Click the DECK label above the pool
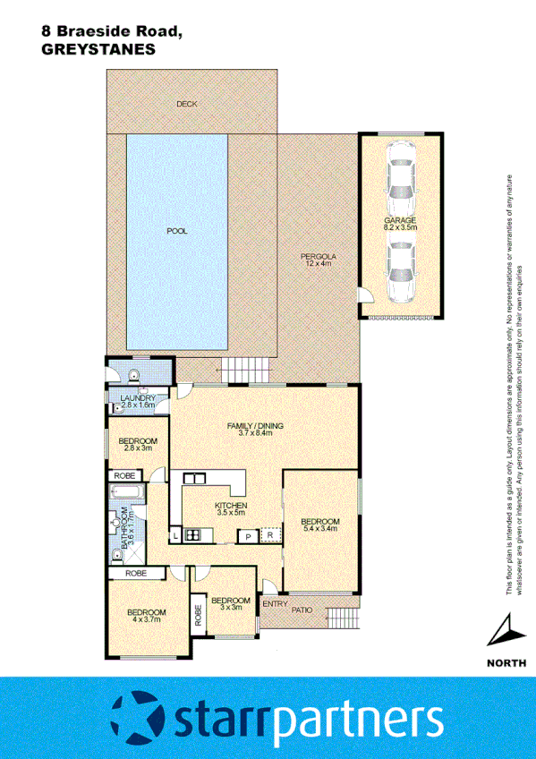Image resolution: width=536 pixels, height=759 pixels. pos(186,105)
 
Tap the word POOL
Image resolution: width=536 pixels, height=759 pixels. pos(177,230)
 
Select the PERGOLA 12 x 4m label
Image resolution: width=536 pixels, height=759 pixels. pos(316,260)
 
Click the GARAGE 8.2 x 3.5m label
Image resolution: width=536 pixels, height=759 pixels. pos(400,224)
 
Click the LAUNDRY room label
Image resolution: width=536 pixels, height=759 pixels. pos(132,402)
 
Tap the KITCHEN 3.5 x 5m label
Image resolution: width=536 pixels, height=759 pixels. pos(230,508)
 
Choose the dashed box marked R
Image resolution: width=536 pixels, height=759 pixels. pos(269,536)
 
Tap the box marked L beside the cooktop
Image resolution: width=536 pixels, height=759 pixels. pos(176,536)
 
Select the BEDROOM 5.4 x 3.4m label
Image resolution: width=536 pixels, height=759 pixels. pos(319,525)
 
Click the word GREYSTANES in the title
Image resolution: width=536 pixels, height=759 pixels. pos(98,50)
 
